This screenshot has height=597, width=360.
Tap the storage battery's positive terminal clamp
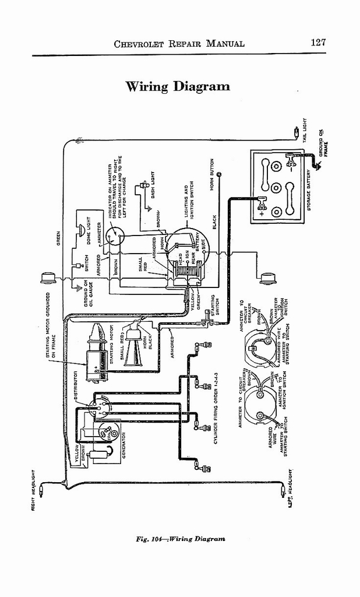262,203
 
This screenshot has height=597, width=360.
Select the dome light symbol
80,231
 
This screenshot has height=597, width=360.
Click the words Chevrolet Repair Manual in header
179,44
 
